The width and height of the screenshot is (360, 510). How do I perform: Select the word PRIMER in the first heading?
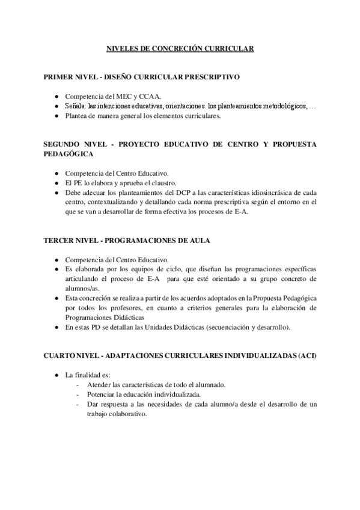click(x=59, y=78)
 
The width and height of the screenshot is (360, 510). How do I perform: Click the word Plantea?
click(x=78, y=116)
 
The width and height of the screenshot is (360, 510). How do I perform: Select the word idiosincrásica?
click(x=267, y=192)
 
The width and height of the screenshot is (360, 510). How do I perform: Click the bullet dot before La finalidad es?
click(x=56, y=375)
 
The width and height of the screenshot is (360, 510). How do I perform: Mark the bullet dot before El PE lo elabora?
click(x=56, y=183)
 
